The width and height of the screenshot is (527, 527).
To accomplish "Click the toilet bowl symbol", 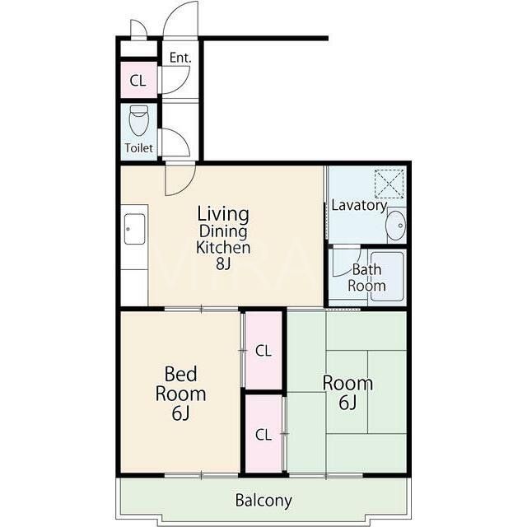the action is (x=139, y=120).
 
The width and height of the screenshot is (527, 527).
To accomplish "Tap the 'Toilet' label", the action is (x=139, y=148).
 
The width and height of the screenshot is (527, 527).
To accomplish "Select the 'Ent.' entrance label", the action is (x=180, y=58).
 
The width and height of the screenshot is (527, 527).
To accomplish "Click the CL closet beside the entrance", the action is (x=139, y=81).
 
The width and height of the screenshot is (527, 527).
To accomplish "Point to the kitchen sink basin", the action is (x=135, y=229).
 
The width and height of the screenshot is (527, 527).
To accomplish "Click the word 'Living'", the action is (x=223, y=214).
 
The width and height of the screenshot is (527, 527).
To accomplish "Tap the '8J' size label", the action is (x=223, y=263).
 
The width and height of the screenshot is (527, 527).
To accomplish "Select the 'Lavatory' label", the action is (x=359, y=205).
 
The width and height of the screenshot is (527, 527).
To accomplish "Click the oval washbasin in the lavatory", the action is (x=395, y=225).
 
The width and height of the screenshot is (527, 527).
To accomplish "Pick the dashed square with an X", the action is (x=389, y=184).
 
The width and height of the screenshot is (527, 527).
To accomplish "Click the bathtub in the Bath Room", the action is (x=387, y=277).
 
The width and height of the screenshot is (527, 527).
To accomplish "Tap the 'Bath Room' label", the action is (x=366, y=277).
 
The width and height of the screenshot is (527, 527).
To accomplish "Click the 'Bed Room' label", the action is (x=181, y=384).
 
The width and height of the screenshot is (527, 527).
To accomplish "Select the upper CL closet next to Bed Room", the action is (x=263, y=351).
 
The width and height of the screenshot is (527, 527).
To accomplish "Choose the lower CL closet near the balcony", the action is (x=263, y=434).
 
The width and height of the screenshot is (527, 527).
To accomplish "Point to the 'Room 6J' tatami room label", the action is (x=347, y=393).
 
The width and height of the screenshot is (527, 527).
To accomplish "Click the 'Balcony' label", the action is (x=263, y=501).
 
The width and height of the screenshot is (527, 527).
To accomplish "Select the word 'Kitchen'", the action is (x=223, y=248).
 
